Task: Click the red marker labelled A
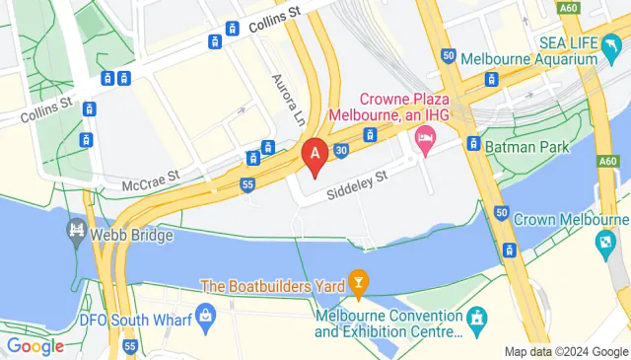point(315,156)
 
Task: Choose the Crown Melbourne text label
point(571,217)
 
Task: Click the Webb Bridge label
point(134,236)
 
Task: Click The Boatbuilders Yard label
point(271,286)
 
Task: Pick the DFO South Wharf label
point(139,318)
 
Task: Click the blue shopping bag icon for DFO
point(206,318)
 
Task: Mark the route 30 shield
point(341,150)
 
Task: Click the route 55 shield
point(247,183)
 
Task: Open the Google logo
point(35,345)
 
